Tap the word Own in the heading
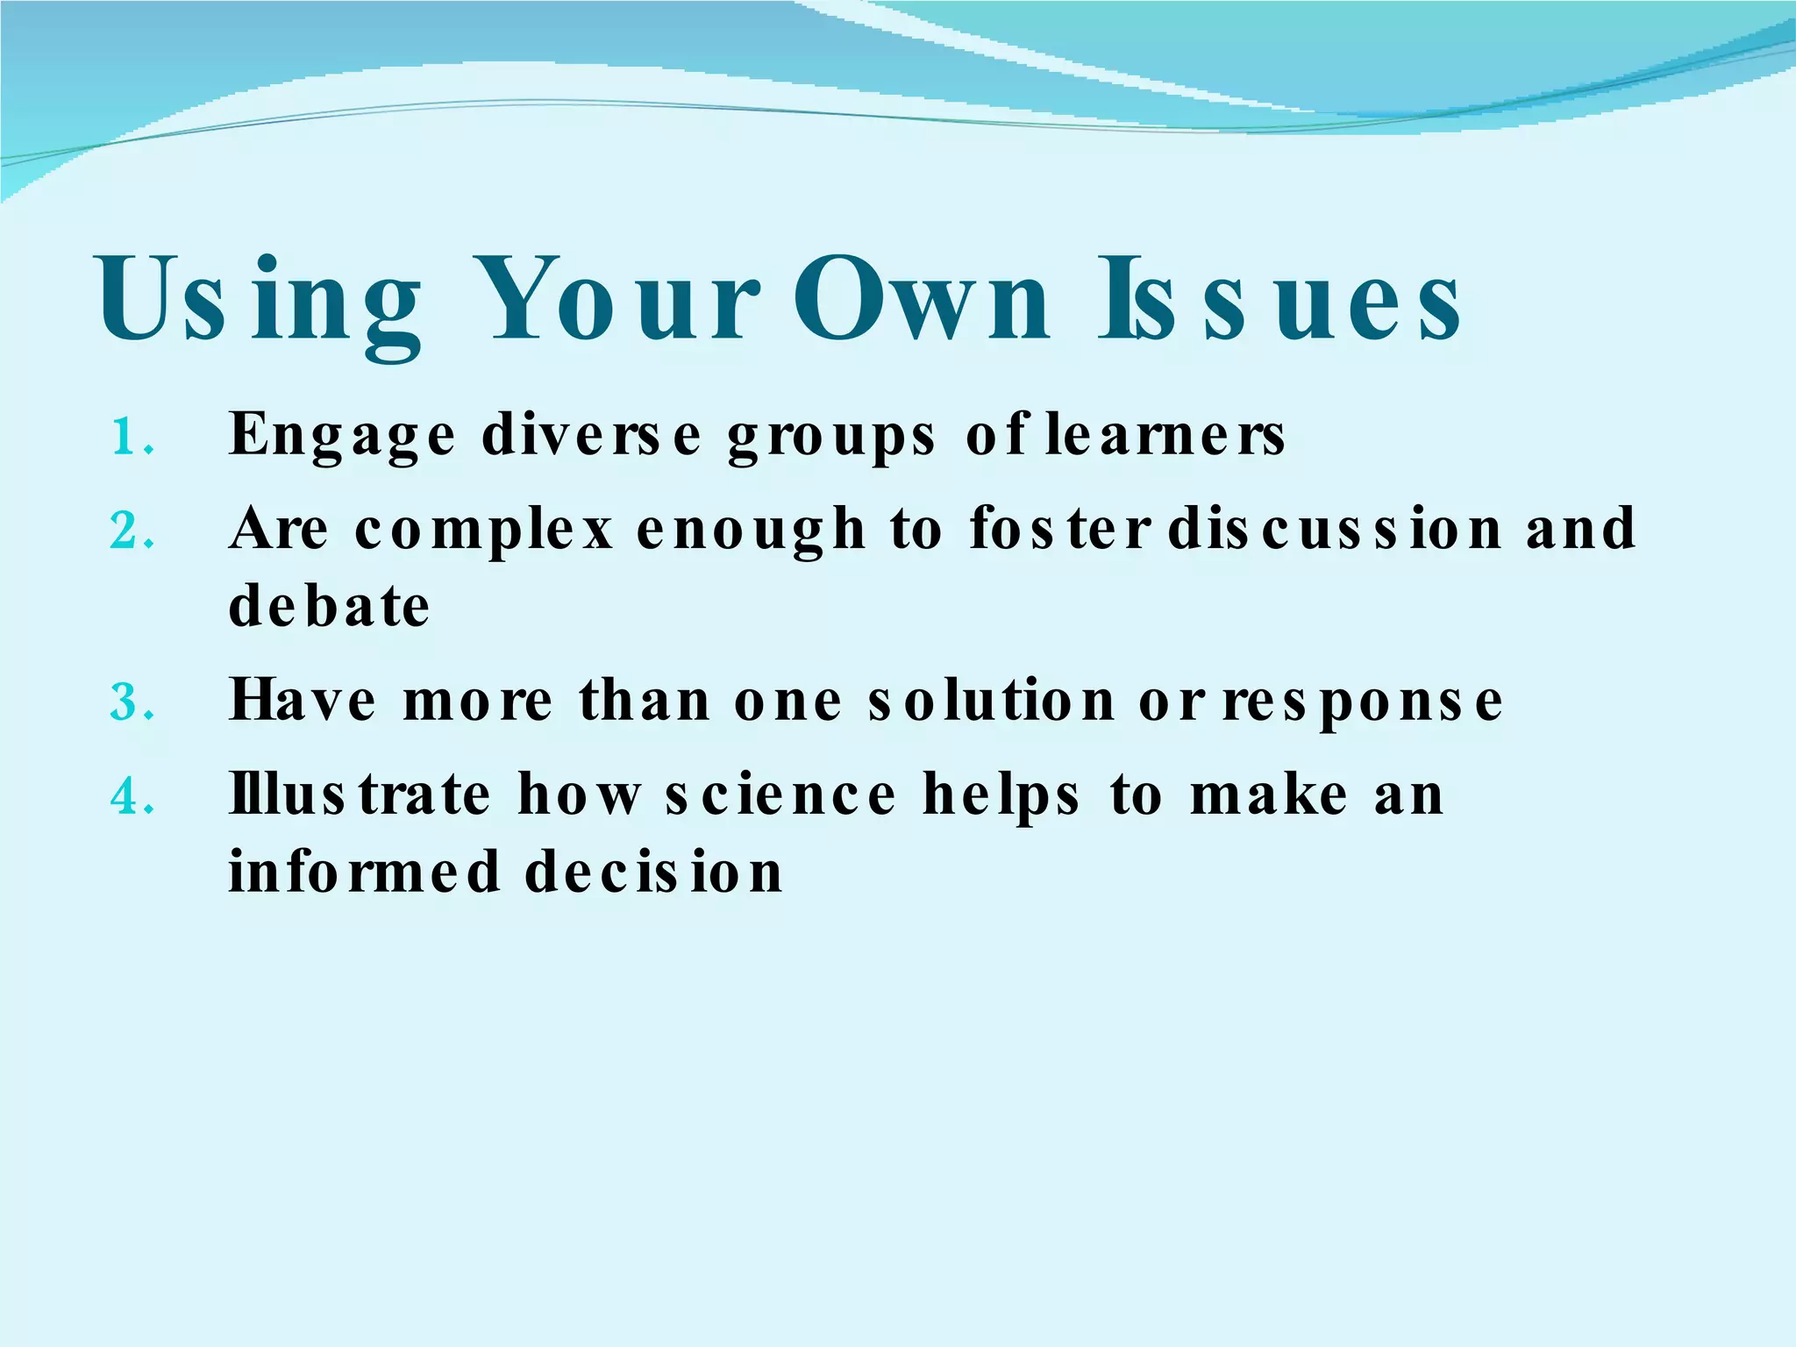[x=921, y=300]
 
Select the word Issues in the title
[x=1280, y=300]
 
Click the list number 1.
[x=132, y=436]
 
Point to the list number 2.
[x=132, y=531]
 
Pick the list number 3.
[x=132, y=702]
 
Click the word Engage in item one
[x=342, y=436]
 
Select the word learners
[x=1165, y=434]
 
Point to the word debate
[x=329, y=606]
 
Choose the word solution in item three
[x=991, y=701]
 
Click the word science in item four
[x=780, y=795]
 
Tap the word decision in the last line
[x=653, y=872]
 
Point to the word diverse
[x=592, y=434]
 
